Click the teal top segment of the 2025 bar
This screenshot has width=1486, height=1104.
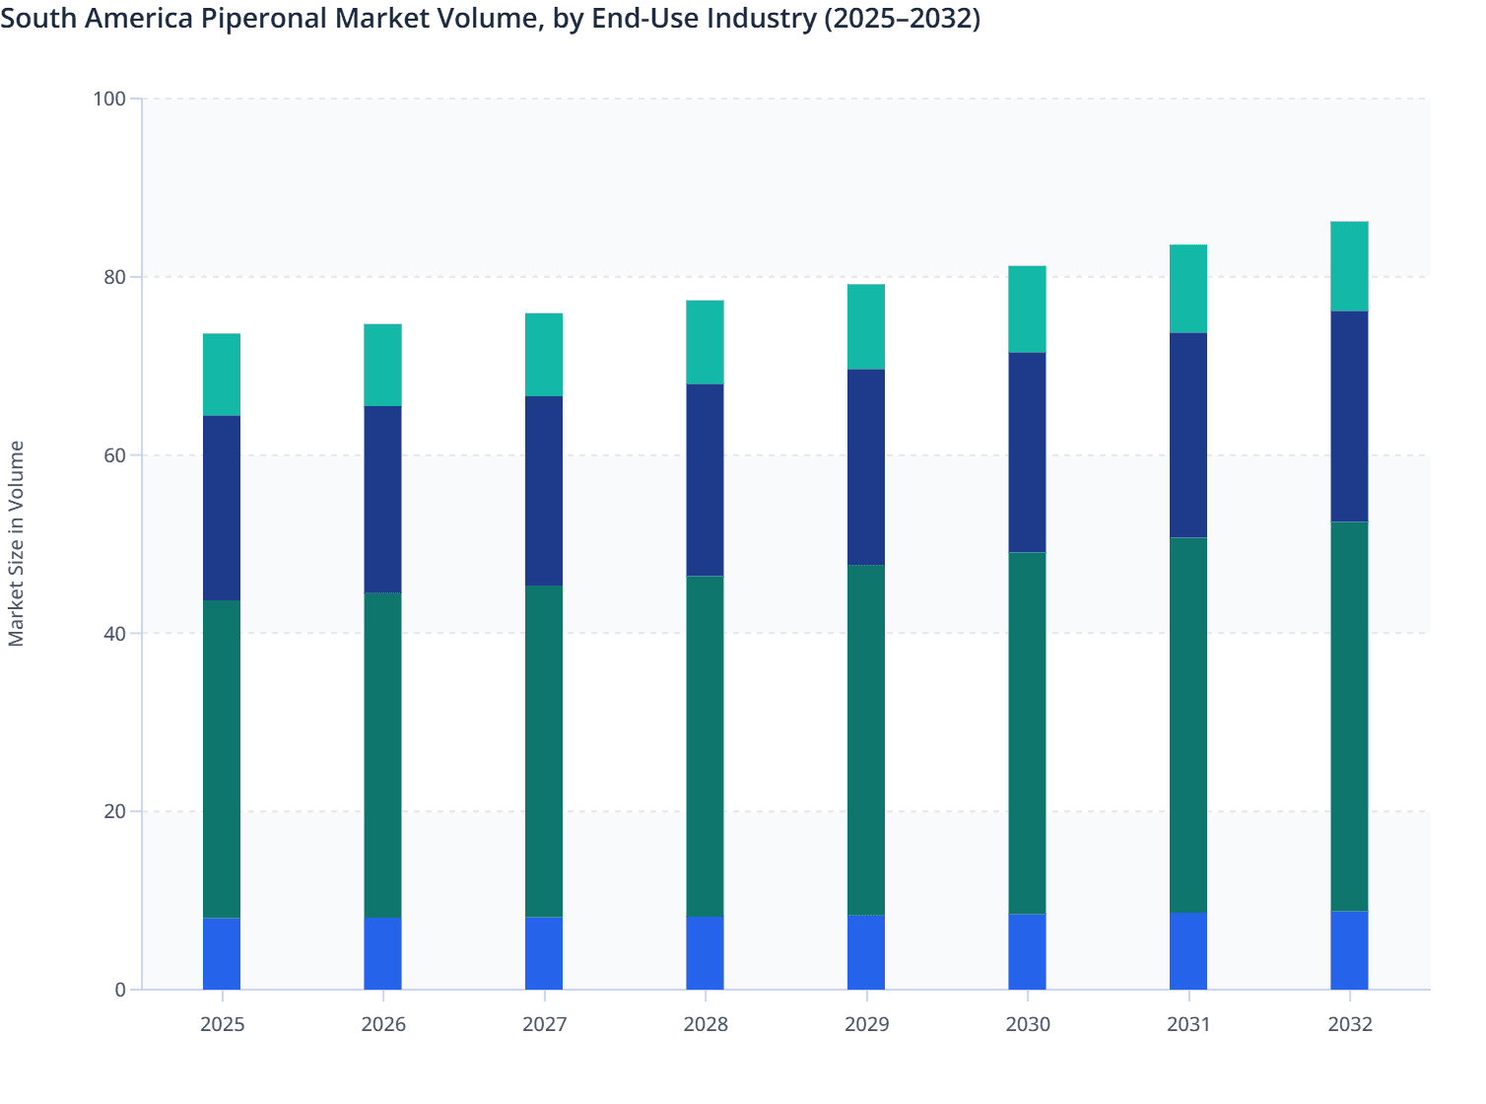(222, 375)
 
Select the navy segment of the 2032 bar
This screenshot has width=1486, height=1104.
(1349, 416)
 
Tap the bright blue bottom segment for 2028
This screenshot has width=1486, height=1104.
(705, 953)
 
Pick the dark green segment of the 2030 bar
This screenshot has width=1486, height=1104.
(1027, 732)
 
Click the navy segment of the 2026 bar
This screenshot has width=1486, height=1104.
(382, 499)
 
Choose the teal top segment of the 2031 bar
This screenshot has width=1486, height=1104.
(1187, 289)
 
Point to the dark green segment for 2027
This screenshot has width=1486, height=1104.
(544, 751)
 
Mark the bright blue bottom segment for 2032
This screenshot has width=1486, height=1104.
(1349, 950)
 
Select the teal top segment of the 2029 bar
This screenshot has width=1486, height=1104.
(866, 326)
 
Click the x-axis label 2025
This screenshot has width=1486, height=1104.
(222, 1024)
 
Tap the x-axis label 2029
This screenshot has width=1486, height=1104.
(866, 1024)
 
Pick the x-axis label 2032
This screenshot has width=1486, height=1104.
(1349, 1024)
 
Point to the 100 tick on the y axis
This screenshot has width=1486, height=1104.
(109, 99)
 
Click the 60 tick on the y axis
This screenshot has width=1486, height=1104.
(114, 455)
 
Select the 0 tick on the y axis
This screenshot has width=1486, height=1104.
(120, 990)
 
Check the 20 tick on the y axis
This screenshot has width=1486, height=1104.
(114, 811)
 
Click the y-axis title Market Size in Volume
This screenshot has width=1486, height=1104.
(16, 543)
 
